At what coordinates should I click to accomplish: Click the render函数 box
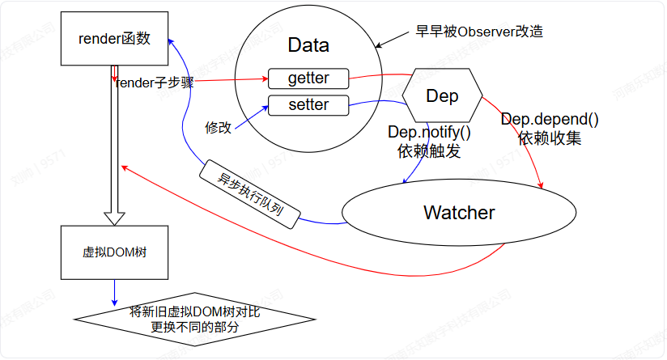pyautogui.click(x=115, y=38)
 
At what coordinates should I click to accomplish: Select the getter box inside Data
pyautogui.click(x=308, y=78)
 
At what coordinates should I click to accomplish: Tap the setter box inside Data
pyautogui.click(x=308, y=104)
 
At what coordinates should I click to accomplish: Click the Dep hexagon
pyautogui.click(x=442, y=96)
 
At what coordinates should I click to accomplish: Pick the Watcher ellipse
pyautogui.click(x=459, y=213)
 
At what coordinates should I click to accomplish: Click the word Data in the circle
pyautogui.click(x=308, y=45)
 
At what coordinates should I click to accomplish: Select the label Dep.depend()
pyautogui.click(x=550, y=121)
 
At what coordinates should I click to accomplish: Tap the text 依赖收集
pyautogui.click(x=550, y=138)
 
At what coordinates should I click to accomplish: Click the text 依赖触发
pyautogui.click(x=429, y=150)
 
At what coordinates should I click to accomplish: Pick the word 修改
pyautogui.click(x=219, y=127)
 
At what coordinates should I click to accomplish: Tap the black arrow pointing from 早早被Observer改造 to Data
pyautogui.click(x=394, y=39)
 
